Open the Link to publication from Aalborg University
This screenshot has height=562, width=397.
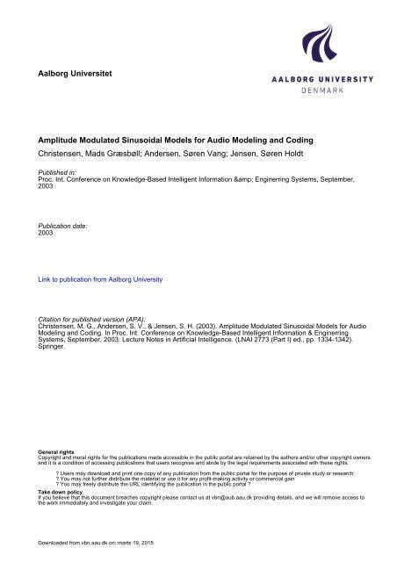[101, 280]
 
